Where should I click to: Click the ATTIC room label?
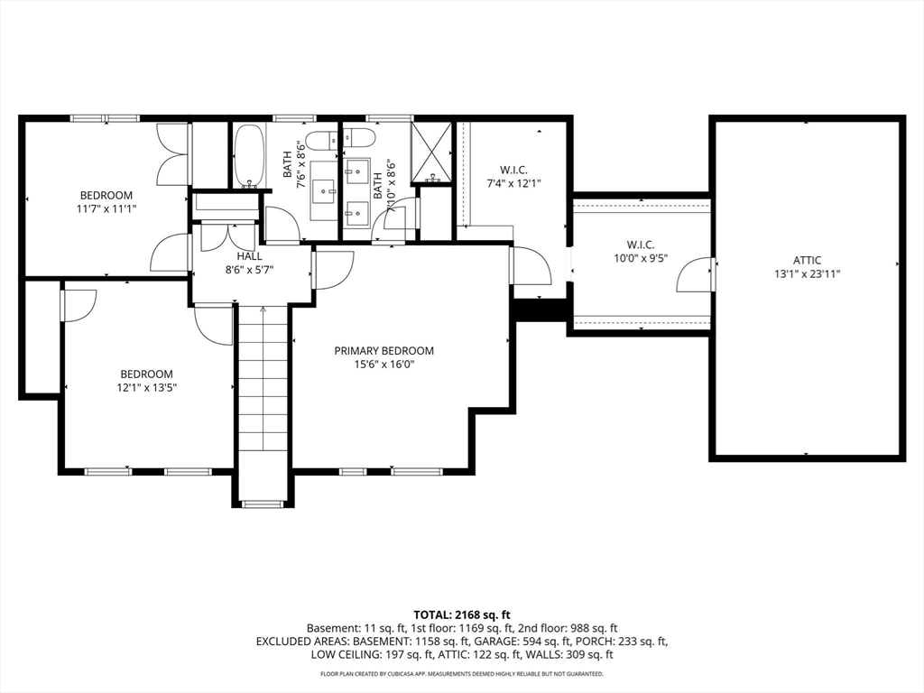tap(807, 260)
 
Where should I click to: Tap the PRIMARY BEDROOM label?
tap(384, 351)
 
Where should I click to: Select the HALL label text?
tap(249, 256)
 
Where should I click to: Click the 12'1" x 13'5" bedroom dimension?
tap(146, 387)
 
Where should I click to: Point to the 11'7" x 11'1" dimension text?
tap(106, 208)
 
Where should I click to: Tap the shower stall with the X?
tap(433, 151)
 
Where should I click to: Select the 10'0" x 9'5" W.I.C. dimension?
tap(641, 257)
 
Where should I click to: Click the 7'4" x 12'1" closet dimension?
tap(513, 183)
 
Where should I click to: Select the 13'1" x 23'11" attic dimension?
tap(807, 273)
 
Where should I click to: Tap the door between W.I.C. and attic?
tap(696, 274)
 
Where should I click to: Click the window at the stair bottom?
tap(263, 504)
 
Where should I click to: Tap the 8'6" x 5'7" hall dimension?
tap(249, 270)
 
